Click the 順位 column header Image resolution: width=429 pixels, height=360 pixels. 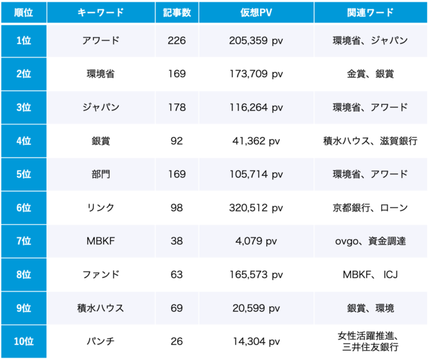[x=23, y=12]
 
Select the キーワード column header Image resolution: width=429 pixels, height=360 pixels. [x=101, y=12]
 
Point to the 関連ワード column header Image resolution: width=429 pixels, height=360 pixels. [x=370, y=12]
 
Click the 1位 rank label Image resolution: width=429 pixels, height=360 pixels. [x=23, y=41]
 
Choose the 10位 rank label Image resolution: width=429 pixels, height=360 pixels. [x=23, y=342]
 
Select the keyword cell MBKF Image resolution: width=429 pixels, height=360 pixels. [x=101, y=241]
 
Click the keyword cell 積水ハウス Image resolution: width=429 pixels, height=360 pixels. [x=101, y=308]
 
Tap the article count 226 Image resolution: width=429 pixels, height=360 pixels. [x=176, y=41]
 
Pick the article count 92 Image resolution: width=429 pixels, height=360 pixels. [x=176, y=141]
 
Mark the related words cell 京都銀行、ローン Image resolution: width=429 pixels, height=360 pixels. [x=370, y=208]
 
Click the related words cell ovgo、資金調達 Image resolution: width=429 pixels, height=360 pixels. [x=370, y=241]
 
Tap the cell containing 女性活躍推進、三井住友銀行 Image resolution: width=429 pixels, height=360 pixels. [x=370, y=342]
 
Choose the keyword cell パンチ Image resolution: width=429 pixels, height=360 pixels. [x=101, y=342]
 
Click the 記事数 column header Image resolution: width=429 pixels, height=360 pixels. [x=176, y=12]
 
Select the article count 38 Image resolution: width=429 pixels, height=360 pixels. [x=176, y=241]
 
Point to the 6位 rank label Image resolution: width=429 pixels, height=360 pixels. [x=23, y=208]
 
